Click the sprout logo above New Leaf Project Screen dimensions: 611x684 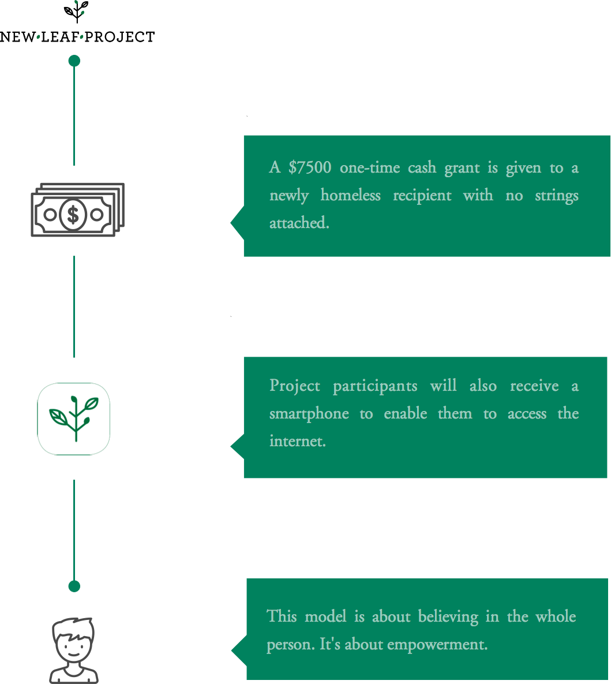[x=76, y=12]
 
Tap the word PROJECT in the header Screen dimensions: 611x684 [x=119, y=37]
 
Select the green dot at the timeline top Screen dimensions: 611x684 [x=74, y=61]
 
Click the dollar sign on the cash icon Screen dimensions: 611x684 [x=73, y=214]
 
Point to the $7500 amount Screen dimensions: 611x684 [x=310, y=167]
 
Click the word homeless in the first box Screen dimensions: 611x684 [x=350, y=195]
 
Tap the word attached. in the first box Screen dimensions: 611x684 [x=299, y=223]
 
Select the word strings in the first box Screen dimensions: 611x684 [x=557, y=196]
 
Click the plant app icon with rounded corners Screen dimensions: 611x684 [x=74, y=419]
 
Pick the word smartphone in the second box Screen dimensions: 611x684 [x=309, y=414]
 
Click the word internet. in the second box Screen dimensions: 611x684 [x=298, y=441]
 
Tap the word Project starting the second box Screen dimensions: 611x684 [x=294, y=386]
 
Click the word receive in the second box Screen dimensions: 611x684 [x=534, y=386]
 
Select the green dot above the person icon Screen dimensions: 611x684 [x=74, y=586]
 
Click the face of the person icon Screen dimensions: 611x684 [x=73, y=644]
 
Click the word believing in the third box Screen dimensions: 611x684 [x=448, y=617]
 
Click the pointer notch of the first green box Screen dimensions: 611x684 [x=237, y=223]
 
